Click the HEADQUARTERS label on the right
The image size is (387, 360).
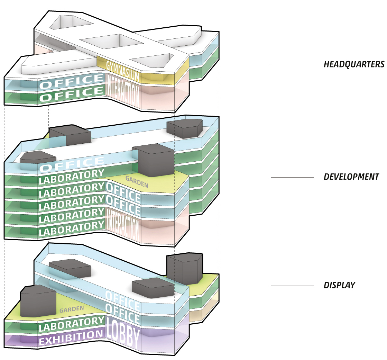[354, 64]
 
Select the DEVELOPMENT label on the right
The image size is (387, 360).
[351, 177]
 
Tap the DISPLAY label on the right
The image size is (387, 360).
[339, 286]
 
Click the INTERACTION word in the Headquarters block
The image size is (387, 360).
[123, 91]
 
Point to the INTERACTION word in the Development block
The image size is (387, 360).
[123, 225]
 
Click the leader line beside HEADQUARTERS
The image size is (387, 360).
[292, 65]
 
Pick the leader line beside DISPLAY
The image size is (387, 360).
[292, 286]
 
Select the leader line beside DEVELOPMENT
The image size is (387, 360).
[292, 177]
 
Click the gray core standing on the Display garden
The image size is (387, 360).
[38, 301]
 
